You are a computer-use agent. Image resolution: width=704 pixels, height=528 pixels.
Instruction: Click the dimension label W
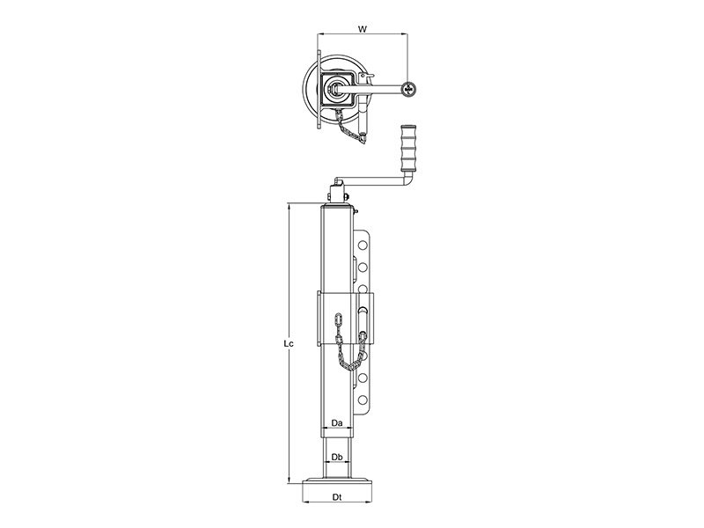click(x=363, y=30)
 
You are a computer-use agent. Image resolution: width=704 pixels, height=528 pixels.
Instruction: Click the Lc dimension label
click(x=289, y=344)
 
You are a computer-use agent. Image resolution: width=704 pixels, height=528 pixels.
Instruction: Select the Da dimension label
click(x=337, y=423)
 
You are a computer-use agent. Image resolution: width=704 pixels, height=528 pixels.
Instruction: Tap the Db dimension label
click(x=337, y=457)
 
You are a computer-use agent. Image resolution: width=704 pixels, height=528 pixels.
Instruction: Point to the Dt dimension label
click(x=337, y=497)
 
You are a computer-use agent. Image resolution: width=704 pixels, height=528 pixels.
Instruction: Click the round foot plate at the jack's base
click(x=338, y=484)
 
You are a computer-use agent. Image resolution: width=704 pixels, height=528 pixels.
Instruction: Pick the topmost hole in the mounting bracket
click(x=363, y=246)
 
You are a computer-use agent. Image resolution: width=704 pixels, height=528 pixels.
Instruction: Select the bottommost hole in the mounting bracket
click(x=363, y=400)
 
